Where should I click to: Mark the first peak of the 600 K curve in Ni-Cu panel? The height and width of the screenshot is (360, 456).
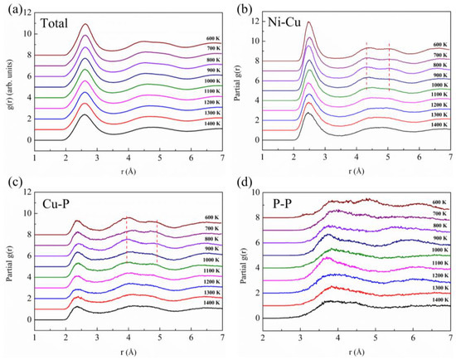(x=308, y=22)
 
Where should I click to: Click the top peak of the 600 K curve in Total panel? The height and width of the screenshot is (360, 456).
(x=85, y=25)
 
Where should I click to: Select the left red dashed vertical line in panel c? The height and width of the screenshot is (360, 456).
(x=127, y=249)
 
